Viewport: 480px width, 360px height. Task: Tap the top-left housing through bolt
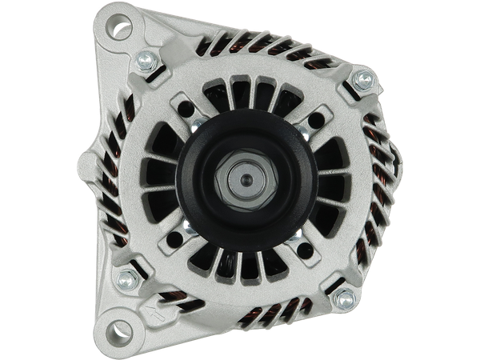[147, 59]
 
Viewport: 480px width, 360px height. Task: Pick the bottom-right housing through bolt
[345, 300]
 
